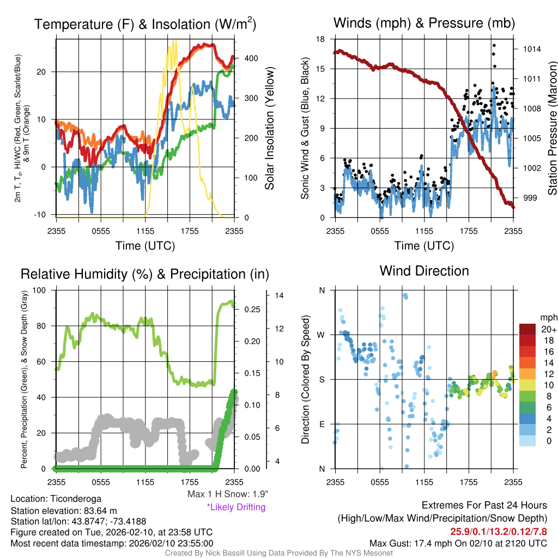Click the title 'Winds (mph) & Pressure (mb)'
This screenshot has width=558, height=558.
pyautogui.click(x=424, y=23)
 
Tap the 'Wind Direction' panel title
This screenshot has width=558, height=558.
pyautogui.click(x=424, y=271)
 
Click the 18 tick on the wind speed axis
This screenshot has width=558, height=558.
pyautogui.click(x=320, y=39)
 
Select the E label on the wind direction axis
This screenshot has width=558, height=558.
pyautogui.click(x=322, y=424)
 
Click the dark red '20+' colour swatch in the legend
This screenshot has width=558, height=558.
pyautogui.click(x=528, y=329)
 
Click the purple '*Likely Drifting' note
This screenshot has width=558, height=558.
pyautogui.click(x=236, y=507)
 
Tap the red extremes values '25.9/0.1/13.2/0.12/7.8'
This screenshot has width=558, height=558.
pyautogui.click(x=498, y=531)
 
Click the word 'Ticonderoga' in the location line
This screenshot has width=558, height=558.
pyautogui.click(x=76, y=499)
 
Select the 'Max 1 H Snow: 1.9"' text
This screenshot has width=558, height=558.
pyautogui.click(x=227, y=494)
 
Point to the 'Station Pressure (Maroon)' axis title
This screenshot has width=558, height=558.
pyautogui.click(x=551, y=128)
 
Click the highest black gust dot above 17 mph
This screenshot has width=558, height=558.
pyautogui.click(x=494, y=46)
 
